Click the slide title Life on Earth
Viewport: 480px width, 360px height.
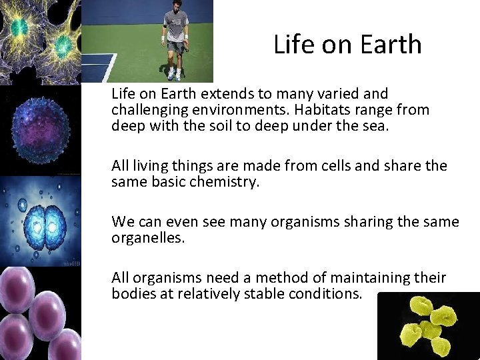click(347, 45)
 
